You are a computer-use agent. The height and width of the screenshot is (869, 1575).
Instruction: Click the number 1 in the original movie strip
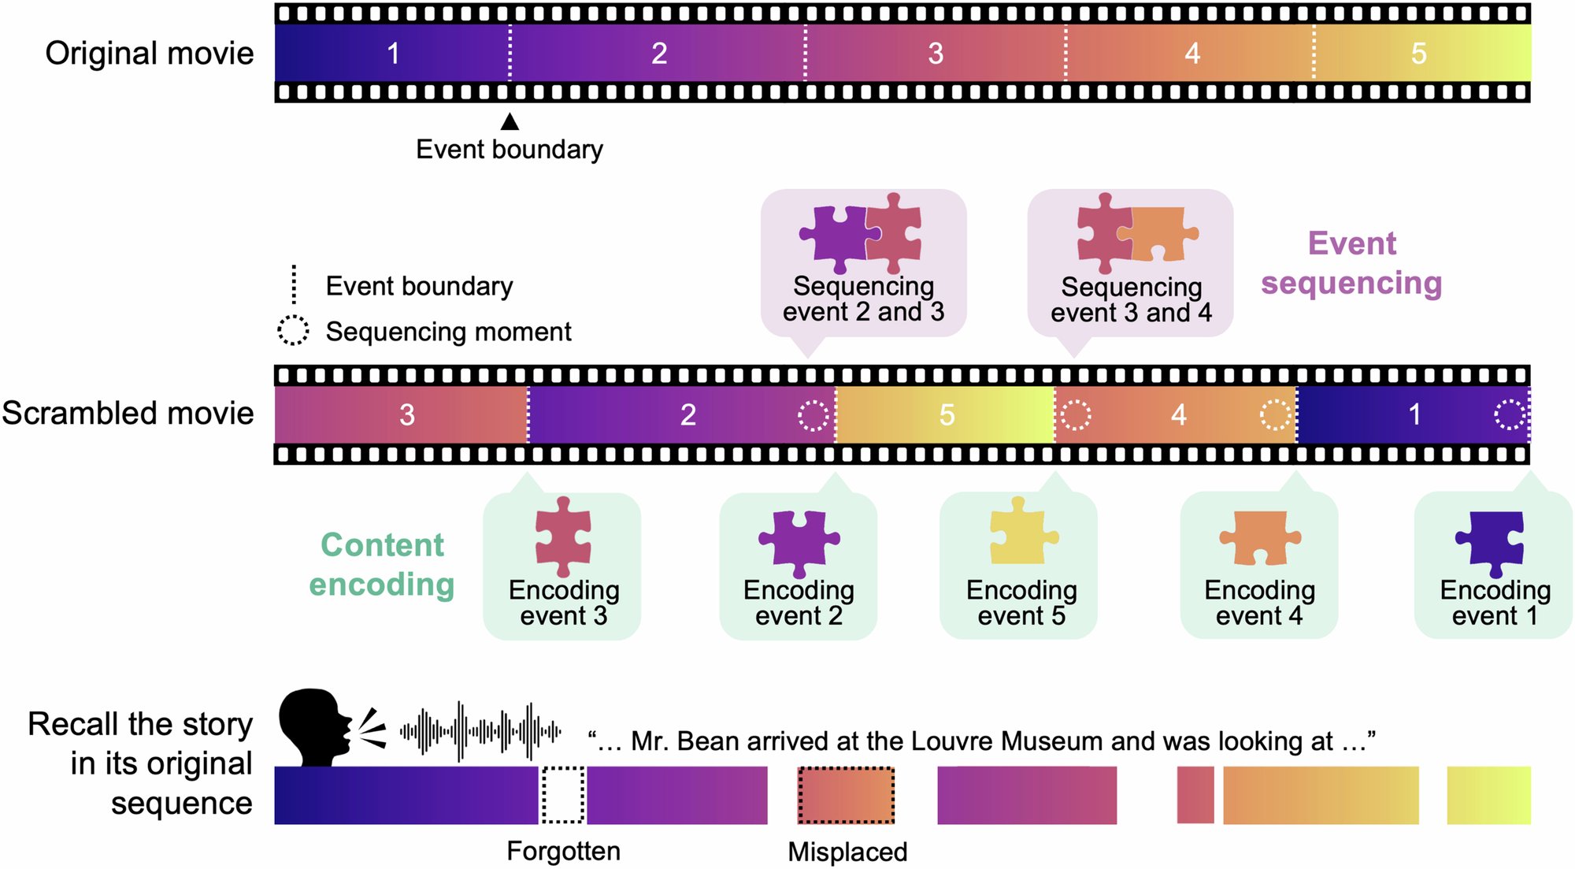tap(393, 54)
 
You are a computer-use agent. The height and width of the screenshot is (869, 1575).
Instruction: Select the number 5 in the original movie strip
tap(1418, 54)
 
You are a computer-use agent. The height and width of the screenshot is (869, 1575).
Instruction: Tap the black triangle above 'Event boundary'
tap(510, 121)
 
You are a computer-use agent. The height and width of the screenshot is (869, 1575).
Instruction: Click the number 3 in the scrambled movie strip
tap(406, 414)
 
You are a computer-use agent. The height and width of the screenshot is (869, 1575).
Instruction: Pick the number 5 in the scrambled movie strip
tap(947, 414)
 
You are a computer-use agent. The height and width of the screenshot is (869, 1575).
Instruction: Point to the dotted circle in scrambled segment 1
tap(1510, 414)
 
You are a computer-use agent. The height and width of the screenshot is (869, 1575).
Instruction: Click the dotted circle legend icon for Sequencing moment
tap(293, 331)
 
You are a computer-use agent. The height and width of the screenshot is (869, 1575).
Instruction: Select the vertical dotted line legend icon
tap(294, 284)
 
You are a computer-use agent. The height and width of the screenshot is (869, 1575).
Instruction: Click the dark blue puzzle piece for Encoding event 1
tap(1491, 542)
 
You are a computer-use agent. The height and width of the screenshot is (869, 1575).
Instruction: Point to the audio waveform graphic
tap(480, 731)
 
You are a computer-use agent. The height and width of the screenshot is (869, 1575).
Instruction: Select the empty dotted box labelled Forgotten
tap(563, 795)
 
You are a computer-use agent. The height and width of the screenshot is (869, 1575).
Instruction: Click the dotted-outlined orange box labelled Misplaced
tap(847, 795)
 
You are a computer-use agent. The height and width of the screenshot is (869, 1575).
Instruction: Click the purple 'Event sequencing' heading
tap(1351, 263)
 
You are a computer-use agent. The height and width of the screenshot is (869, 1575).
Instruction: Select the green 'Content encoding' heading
tap(382, 564)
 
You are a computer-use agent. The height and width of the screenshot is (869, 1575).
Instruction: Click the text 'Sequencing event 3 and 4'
tap(1131, 299)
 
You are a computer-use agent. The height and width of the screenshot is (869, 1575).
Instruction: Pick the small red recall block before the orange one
tap(1195, 795)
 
